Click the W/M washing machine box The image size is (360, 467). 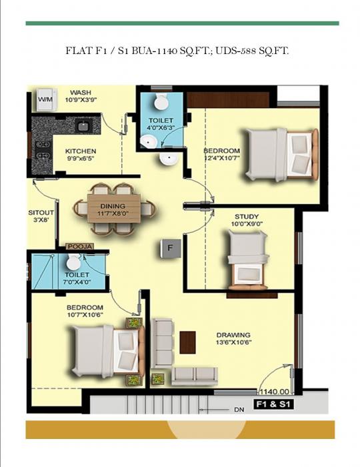coord(45,99)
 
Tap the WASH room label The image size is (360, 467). coord(81,93)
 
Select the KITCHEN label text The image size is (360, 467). coord(81,151)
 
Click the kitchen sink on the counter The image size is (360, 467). coord(83,125)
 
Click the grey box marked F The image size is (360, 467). coord(170,249)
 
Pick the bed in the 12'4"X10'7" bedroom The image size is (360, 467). coord(280,153)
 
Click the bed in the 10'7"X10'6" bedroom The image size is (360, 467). coord(107,350)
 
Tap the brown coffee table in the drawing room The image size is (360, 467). coord(188,342)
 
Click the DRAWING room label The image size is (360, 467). coord(233,335)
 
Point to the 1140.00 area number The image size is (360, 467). coord(274,392)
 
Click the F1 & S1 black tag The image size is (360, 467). coord(274,404)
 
